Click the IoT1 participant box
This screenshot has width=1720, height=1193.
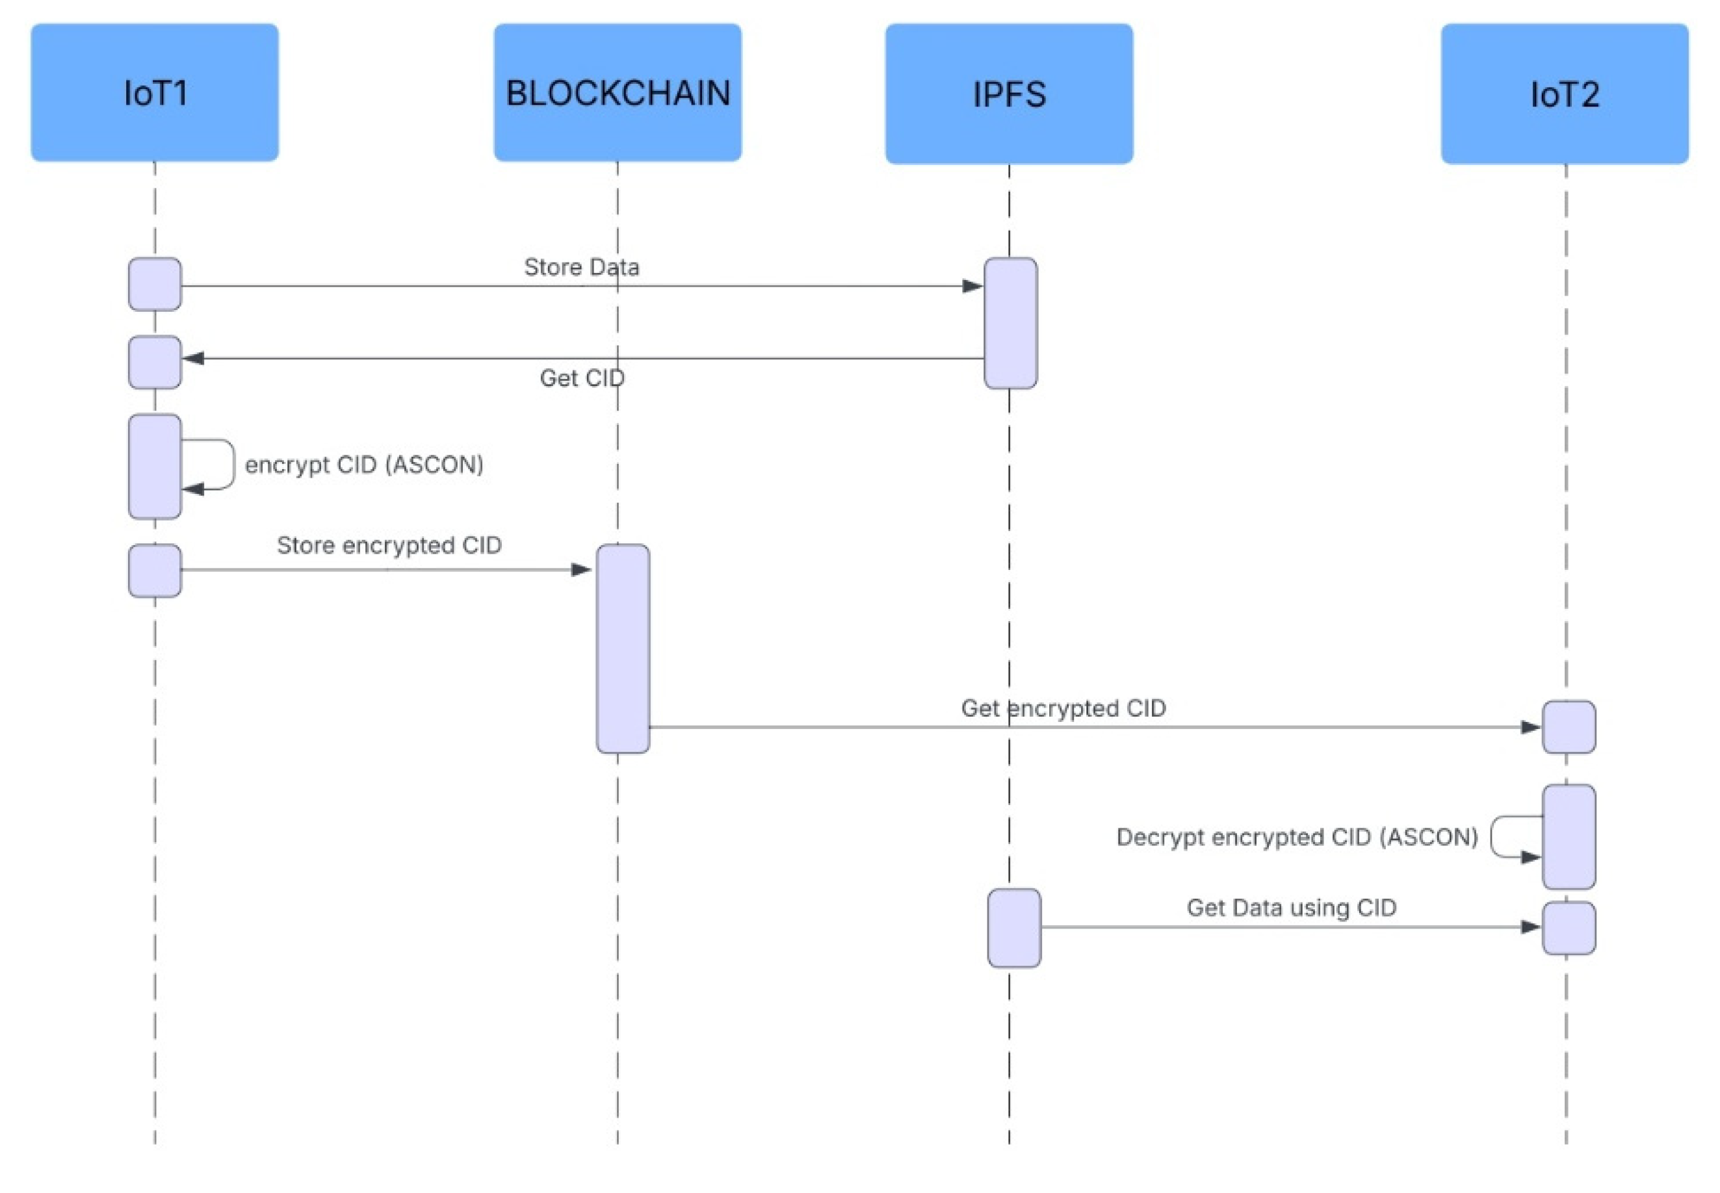[x=155, y=93]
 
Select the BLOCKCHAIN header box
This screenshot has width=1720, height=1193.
[x=617, y=93]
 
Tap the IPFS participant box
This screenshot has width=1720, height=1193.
[x=1009, y=94]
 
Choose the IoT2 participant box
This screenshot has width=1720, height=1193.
[x=1565, y=94]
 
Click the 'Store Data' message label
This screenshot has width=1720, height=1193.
[x=581, y=267]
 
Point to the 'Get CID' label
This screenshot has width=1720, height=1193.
[x=581, y=378]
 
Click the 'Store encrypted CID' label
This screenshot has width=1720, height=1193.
[x=389, y=545]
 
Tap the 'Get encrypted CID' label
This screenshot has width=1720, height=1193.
[x=1063, y=708]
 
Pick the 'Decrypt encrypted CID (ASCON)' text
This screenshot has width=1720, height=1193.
[x=1297, y=836]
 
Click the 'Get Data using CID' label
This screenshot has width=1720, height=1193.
[x=1292, y=908]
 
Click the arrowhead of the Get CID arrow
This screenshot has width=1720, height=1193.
[x=194, y=358]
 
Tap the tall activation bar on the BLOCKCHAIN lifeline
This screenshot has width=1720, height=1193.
[x=622, y=648]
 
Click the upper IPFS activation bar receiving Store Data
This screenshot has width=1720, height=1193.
[x=1010, y=323]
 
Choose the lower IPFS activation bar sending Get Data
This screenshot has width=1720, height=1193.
[x=1013, y=928]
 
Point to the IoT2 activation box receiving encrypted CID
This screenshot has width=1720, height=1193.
[x=1569, y=726]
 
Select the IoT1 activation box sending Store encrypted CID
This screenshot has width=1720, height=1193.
[x=155, y=571]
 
